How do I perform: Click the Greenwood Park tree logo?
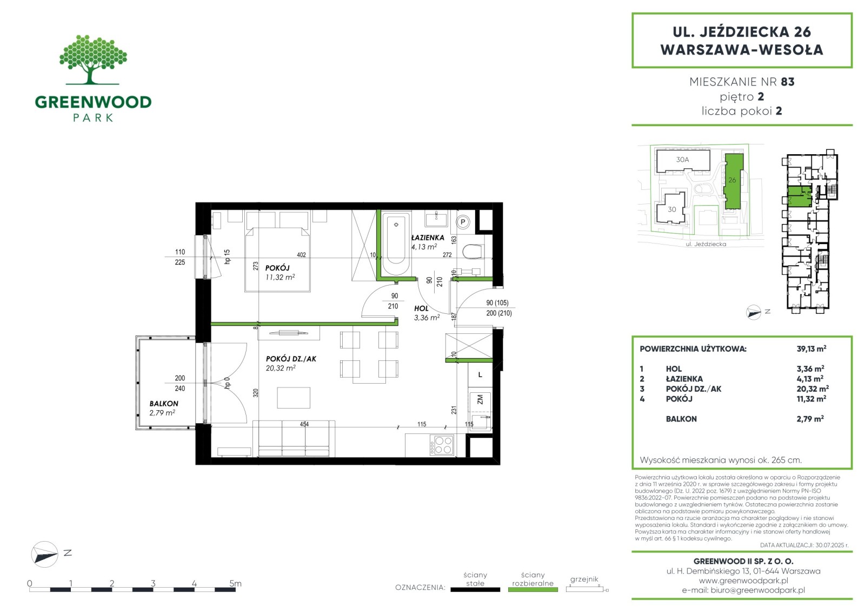(x=93, y=60)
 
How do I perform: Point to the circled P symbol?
(x=463, y=222)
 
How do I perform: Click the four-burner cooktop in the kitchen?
(x=442, y=445)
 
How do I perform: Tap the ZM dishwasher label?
(x=480, y=399)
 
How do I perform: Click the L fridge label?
(x=480, y=374)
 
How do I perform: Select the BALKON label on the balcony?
(x=164, y=403)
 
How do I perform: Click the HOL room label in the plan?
(x=421, y=308)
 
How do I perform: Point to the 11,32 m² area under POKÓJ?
(x=280, y=277)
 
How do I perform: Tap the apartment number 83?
(x=787, y=82)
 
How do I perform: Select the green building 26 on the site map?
(x=733, y=181)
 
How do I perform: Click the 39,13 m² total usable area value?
(x=811, y=348)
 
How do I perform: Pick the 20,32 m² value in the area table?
(x=813, y=389)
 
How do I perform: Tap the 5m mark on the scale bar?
(x=235, y=583)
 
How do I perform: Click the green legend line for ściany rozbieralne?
(x=533, y=590)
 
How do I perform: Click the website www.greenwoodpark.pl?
(x=743, y=580)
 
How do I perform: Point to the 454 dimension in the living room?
(x=304, y=424)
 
